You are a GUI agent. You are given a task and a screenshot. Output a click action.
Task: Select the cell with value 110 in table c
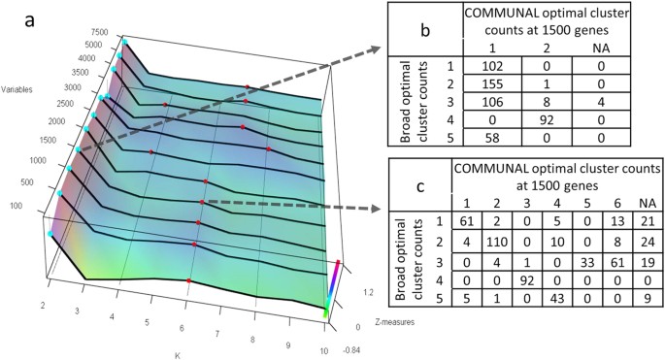pyautogui.click(x=501, y=261)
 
